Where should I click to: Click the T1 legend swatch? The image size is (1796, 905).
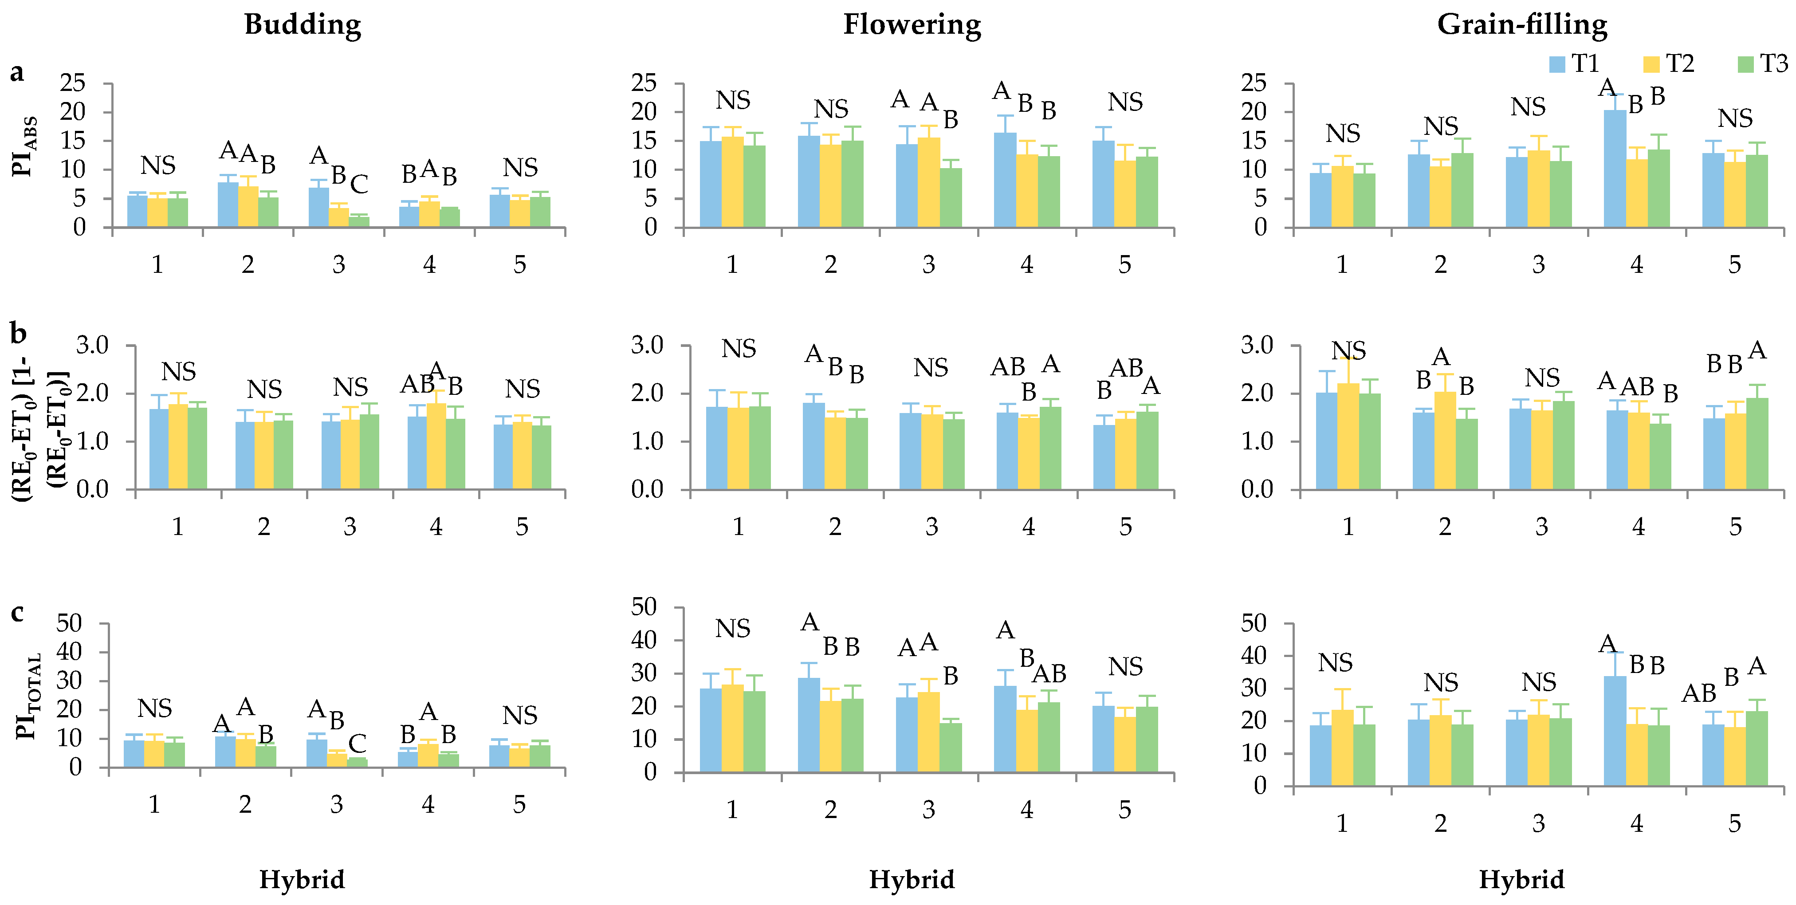click(1557, 64)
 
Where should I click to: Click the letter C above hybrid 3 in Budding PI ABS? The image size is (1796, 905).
click(359, 185)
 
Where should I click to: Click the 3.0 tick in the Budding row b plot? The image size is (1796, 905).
click(92, 345)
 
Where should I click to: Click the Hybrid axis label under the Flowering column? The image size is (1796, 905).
click(912, 879)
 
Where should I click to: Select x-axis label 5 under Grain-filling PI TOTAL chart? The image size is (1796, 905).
click(1735, 823)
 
